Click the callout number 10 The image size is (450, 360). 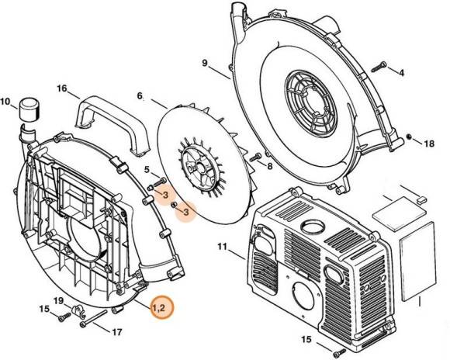6,102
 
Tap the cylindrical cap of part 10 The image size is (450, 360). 30,109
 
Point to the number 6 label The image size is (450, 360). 140,96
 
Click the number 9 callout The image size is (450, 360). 205,63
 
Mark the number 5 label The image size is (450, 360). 147,169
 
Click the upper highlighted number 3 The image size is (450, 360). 165,193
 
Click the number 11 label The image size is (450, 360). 221,248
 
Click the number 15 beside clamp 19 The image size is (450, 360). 44,310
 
